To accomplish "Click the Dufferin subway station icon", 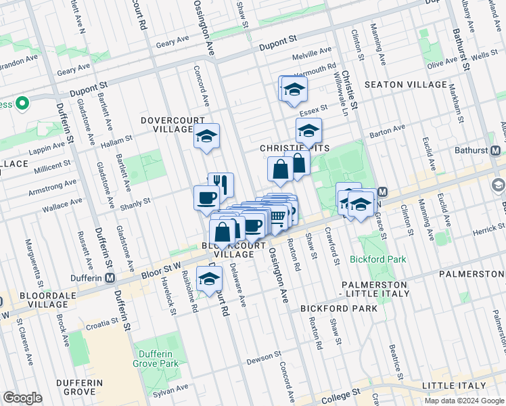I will click(x=109, y=278).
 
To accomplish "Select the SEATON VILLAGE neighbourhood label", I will click(x=405, y=85).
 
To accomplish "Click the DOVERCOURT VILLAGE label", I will click(x=167, y=125).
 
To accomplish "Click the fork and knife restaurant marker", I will click(x=221, y=184).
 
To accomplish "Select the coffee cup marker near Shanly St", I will click(x=206, y=198).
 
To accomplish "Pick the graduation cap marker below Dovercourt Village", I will click(x=207, y=136).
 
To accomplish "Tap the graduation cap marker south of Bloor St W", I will click(x=209, y=278).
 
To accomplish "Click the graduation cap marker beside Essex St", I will click(x=308, y=130).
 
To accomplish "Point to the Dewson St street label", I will click(x=264, y=356).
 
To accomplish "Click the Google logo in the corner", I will click(x=22, y=398).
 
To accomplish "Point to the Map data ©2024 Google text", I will click(x=464, y=401).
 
